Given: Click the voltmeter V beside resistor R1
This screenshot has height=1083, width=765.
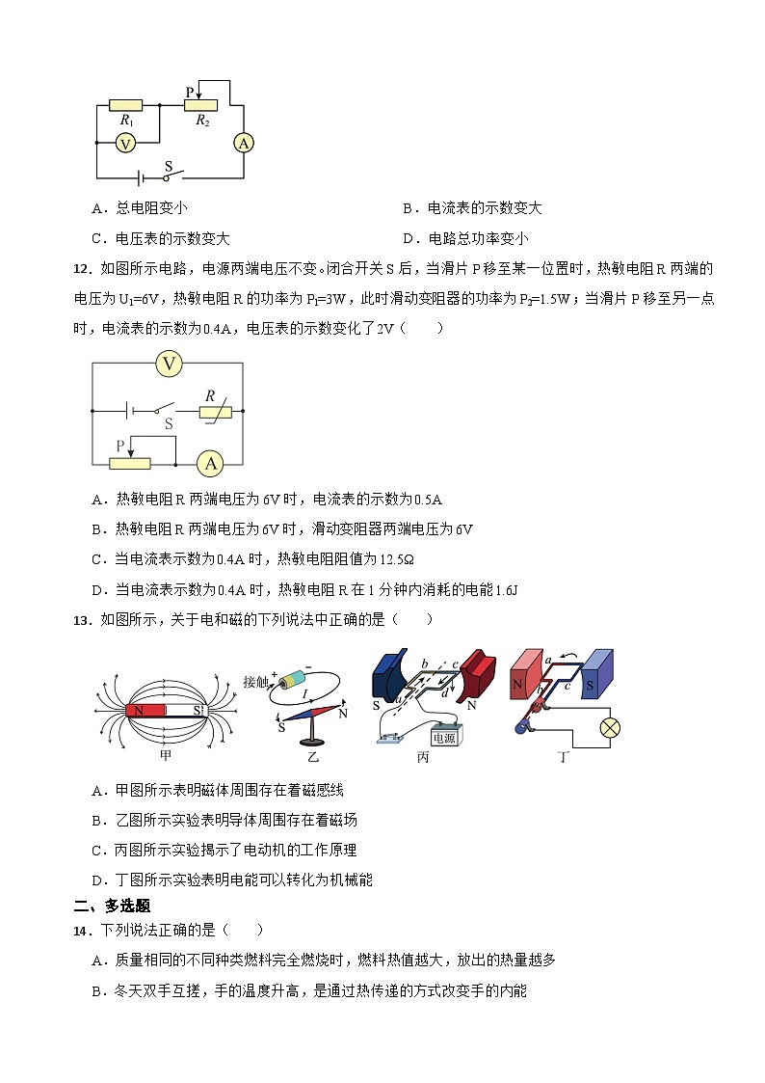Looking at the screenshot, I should (124, 143).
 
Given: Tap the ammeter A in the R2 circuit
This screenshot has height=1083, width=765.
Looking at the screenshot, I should (244, 143).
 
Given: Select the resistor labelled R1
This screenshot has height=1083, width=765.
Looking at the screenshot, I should (126, 105).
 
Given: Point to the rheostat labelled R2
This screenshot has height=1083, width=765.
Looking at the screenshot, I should (201, 105).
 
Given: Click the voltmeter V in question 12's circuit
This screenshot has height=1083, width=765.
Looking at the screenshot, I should (170, 364).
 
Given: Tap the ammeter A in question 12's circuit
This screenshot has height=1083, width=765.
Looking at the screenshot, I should (209, 464).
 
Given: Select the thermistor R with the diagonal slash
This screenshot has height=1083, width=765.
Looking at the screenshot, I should (216, 412).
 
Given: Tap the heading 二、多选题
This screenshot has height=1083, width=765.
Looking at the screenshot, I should (112, 907).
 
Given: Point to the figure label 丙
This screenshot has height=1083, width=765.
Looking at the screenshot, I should (422, 757).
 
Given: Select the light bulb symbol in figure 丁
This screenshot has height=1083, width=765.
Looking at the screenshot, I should (610, 728).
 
